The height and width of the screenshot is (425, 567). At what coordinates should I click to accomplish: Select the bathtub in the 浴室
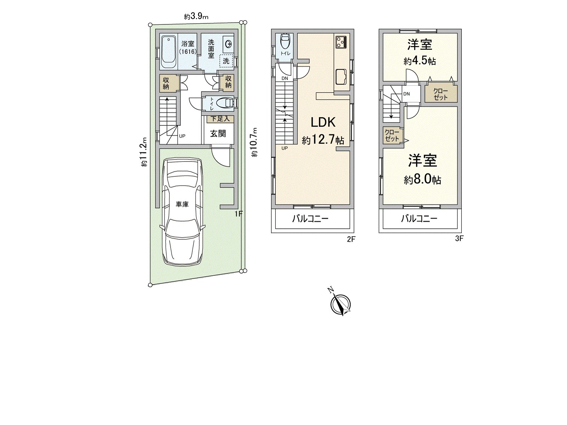(x=169, y=52)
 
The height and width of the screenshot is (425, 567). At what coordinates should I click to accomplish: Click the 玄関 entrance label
(x=218, y=134)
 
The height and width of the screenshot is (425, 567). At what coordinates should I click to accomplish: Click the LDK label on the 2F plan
(x=323, y=122)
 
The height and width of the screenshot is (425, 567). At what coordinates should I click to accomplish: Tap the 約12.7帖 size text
(x=323, y=140)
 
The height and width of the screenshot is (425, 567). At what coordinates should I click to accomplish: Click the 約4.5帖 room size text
(x=420, y=61)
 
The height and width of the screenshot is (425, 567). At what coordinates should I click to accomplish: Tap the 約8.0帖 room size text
(x=422, y=180)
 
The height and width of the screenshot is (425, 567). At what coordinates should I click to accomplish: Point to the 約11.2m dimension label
(x=144, y=152)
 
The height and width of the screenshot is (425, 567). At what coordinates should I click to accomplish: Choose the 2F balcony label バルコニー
(x=310, y=219)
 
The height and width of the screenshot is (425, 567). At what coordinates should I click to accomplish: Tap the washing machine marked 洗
(x=226, y=61)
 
